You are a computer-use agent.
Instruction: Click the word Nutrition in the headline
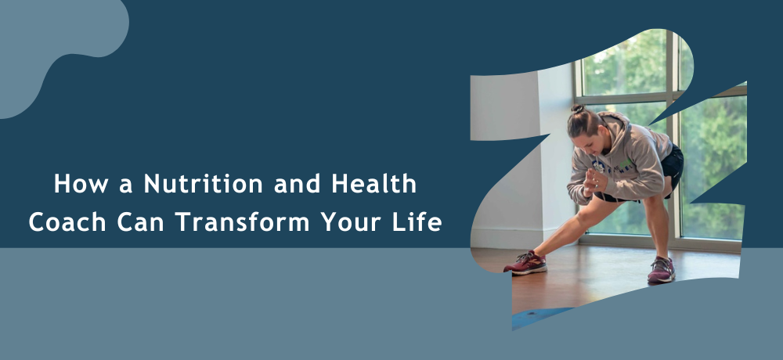(x=204, y=184)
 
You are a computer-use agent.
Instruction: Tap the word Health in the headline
(x=373, y=184)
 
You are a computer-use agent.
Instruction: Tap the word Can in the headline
(x=141, y=221)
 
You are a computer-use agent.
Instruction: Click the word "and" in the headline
(x=297, y=184)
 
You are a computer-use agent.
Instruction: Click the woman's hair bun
(x=578, y=108)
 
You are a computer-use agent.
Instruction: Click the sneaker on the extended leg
(x=525, y=263)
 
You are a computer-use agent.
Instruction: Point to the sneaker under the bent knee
(x=662, y=270)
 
